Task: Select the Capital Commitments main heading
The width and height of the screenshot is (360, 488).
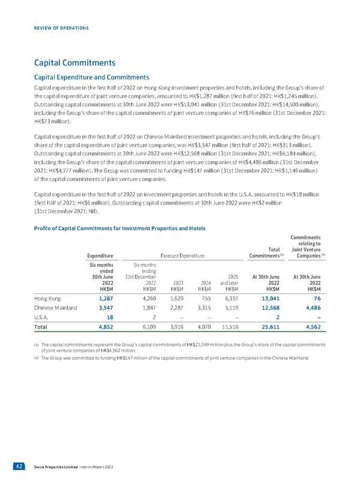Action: pyautogui.click(x=75, y=62)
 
